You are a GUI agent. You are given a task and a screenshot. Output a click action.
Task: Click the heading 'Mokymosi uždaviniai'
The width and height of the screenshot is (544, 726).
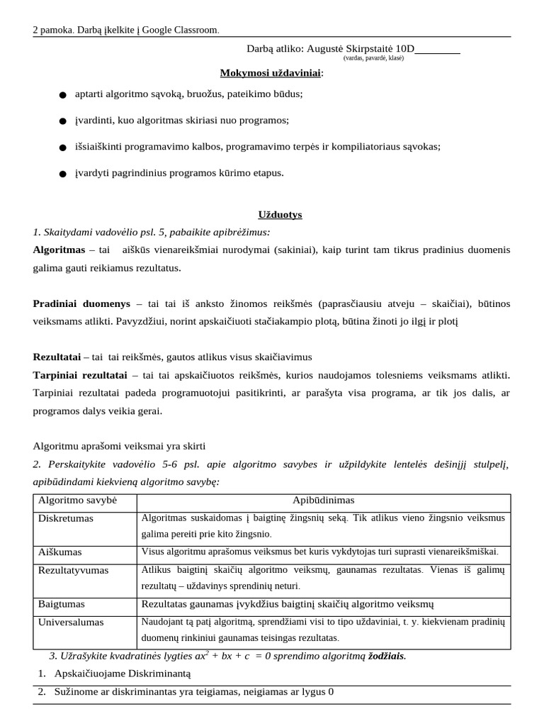(271, 73)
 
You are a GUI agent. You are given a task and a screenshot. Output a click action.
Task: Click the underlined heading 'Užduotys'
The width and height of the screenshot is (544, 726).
(279, 214)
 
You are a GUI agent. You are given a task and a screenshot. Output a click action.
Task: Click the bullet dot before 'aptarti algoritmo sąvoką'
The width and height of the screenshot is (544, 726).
(63, 95)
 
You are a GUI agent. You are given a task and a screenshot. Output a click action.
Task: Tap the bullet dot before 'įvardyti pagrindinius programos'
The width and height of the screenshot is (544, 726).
(63, 174)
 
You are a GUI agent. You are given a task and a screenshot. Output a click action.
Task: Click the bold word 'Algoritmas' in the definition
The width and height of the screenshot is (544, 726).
(60, 250)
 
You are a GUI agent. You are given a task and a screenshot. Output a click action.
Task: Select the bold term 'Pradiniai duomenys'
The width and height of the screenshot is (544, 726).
(81, 303)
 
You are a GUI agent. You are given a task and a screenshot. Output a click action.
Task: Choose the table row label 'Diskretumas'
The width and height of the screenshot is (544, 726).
(66, 518)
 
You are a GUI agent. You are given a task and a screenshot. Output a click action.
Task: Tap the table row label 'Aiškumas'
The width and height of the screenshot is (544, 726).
(59, 552)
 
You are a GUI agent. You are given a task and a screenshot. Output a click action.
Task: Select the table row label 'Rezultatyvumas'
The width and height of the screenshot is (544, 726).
(73, 570)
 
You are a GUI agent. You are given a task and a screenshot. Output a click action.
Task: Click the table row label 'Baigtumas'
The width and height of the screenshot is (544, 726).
(62, 604)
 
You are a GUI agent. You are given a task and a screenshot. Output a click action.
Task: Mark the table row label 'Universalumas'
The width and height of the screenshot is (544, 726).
(71, 622)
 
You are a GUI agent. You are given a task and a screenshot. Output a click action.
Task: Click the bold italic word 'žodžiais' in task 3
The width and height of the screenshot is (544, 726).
(385, 656)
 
